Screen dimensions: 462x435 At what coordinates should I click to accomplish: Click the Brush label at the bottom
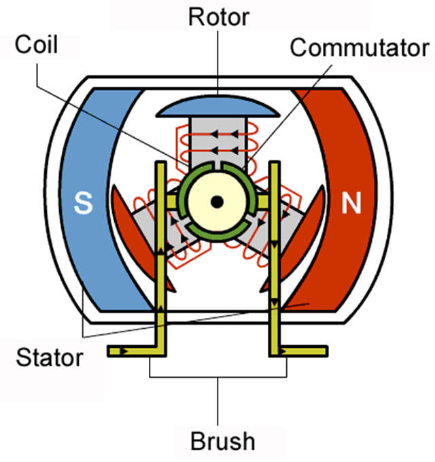pyautogui.click(x=222, y=441)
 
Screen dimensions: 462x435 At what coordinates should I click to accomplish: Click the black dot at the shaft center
pyautogui.click(x=217, y=202)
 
